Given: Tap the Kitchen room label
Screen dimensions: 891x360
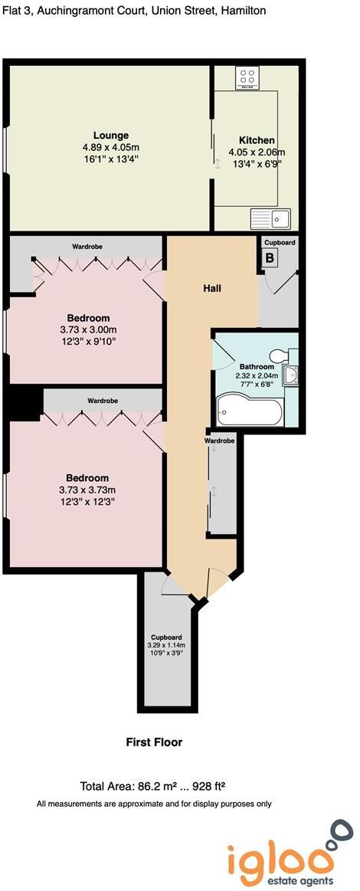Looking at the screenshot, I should [x=257, y=140].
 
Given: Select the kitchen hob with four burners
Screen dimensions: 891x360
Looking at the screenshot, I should [x=248, y=77].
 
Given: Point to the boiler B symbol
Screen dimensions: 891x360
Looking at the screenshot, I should [x=270, y=258].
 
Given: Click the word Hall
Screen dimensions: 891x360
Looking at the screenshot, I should [x=212, y=288].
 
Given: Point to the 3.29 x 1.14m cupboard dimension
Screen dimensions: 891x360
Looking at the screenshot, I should [x=166, y=645].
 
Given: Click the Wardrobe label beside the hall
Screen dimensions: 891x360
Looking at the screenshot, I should [x=220, y=441].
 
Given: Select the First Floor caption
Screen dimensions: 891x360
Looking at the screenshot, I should [x=154, y=742].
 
